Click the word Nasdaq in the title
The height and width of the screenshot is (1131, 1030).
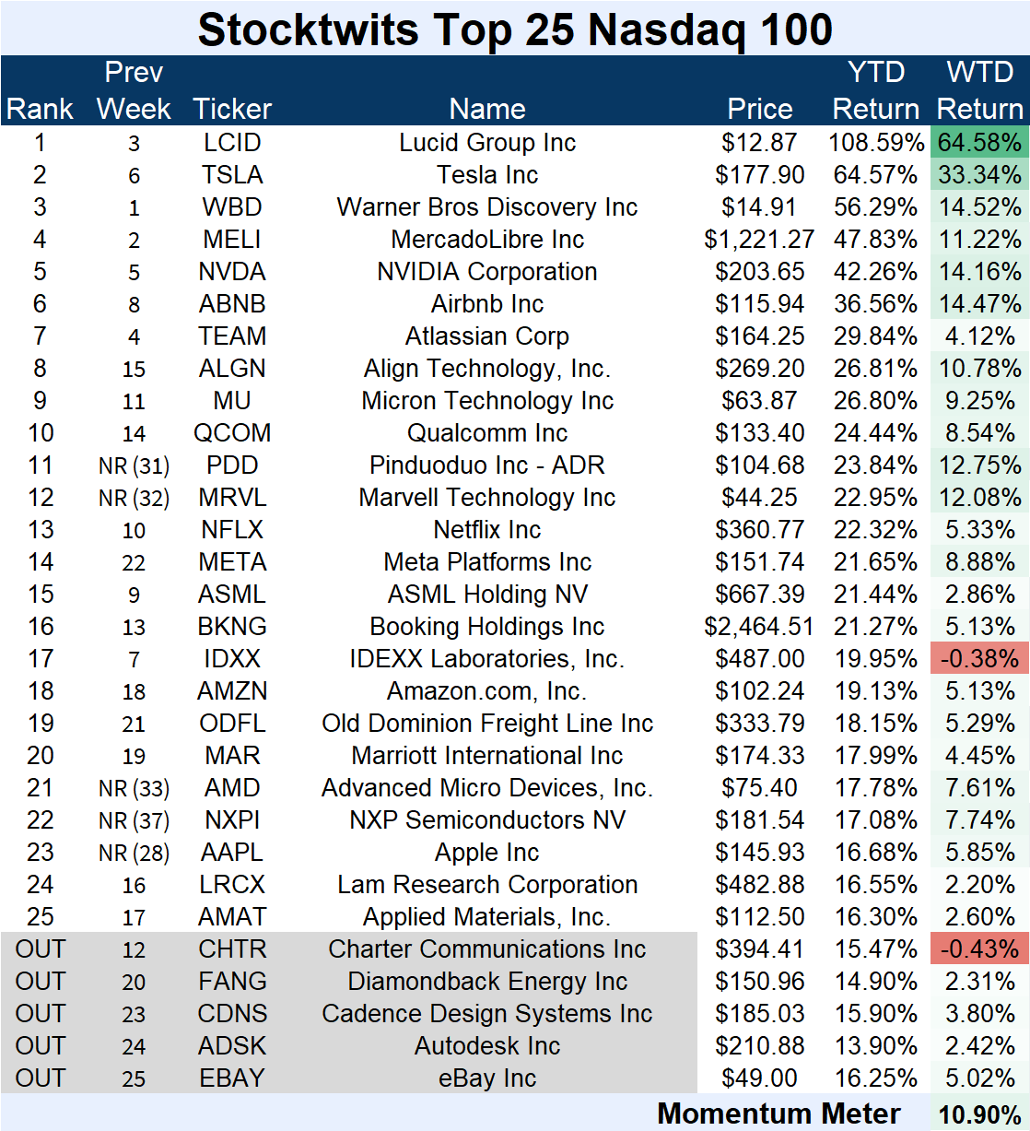666,31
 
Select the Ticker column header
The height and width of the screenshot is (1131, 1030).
232,109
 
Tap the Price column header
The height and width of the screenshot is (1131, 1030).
759,109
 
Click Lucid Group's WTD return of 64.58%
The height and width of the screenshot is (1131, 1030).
979,143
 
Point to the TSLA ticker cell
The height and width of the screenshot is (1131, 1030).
232,175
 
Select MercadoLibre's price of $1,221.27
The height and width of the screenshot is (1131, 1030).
759,240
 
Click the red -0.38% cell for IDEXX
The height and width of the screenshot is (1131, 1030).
979,658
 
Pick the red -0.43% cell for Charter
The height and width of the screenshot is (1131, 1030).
979,948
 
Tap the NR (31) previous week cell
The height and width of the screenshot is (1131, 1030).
134,466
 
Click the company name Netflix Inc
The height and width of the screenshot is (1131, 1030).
487,530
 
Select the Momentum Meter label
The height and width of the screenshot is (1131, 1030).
778,1113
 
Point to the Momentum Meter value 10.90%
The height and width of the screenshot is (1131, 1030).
979,1114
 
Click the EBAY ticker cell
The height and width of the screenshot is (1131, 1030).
232,1078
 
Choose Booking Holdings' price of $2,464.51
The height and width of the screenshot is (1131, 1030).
759,627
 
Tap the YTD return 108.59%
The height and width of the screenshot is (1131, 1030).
875,143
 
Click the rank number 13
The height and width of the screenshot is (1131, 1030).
40,530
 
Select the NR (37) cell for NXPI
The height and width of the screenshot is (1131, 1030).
134,821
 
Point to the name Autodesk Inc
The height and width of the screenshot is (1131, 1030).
487,1046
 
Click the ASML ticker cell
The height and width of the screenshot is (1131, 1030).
232,595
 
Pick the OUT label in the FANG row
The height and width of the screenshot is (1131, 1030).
40,981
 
